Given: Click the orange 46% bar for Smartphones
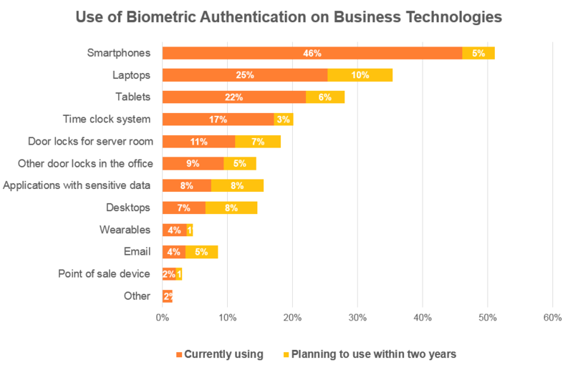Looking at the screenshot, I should tap(312, 53).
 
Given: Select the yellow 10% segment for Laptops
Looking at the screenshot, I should tap(360, 75).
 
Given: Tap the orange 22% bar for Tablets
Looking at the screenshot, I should tap(233, 97).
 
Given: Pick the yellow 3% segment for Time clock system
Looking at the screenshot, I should tap(283, 120).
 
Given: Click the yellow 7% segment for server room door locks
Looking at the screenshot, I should tap(257, 141).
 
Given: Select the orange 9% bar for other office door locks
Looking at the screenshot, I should tap(193, 163).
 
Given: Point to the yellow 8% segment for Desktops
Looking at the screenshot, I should tap(231, 208).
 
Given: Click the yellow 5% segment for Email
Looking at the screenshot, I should tap(201, 252).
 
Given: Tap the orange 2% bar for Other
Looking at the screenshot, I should tap(167, 296).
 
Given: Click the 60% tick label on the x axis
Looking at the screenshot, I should tap(552, 317).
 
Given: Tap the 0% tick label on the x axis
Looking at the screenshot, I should tap(163, 317).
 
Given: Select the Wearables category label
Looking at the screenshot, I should tap(125, 230).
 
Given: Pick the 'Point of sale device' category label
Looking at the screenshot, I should tap(104, 274).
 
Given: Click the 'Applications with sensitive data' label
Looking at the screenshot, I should tap(77, 185).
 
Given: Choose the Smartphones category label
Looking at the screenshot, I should tap(119, 53).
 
